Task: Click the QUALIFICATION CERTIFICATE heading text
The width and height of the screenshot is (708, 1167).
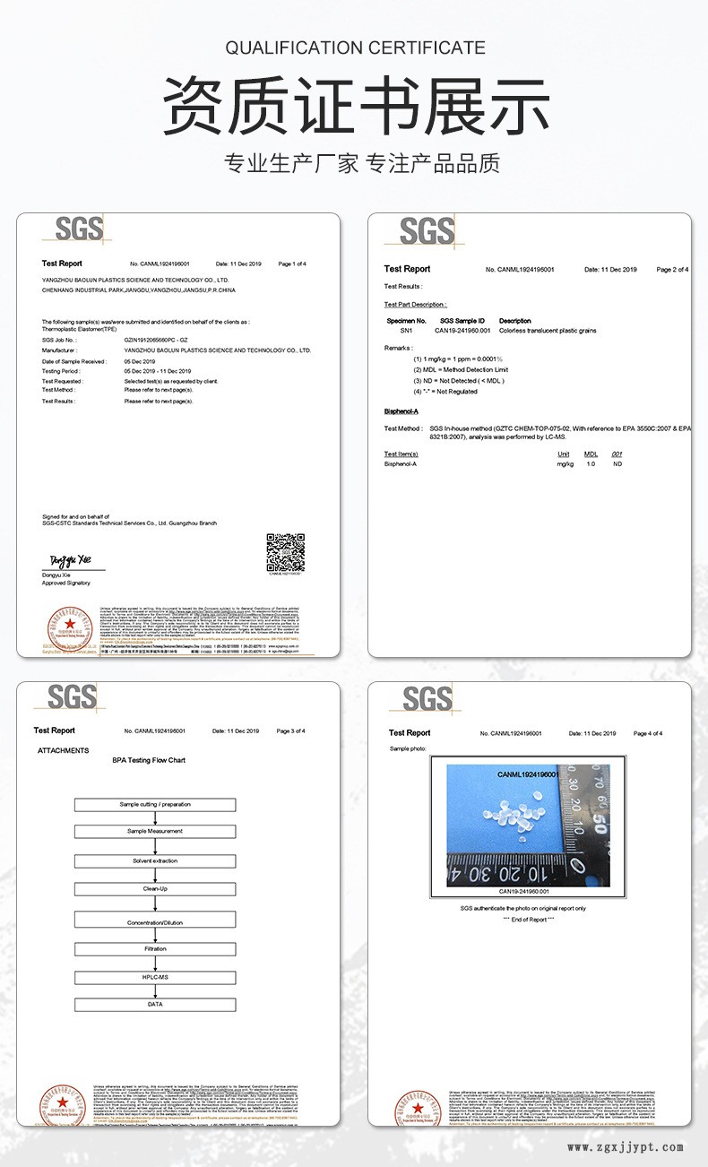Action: click(355, 48)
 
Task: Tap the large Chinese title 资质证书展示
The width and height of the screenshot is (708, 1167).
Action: click(356, 107)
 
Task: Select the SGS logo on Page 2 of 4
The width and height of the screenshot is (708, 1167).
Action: click(426, 231)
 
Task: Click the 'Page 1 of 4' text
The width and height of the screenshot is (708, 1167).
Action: click(292, 264)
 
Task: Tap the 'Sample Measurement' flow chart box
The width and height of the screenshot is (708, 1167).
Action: click(155, 832)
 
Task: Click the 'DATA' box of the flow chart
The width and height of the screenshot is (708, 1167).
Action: click(155, 1005)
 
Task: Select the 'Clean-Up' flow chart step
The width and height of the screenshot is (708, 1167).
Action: click(155, 889)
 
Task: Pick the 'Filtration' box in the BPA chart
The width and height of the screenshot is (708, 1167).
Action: click(155, 947)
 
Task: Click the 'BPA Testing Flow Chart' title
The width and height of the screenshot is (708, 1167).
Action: click(149, 760)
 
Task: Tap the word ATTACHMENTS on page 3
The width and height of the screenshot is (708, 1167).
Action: click(63, 750)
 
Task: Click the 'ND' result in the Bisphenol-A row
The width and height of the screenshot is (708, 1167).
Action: click(617, 464)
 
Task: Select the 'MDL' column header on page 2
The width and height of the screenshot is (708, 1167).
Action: click(591, 454)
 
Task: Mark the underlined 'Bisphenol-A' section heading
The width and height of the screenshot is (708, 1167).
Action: click(401, 411)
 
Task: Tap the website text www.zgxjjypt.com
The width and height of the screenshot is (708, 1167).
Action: click(626, 1147)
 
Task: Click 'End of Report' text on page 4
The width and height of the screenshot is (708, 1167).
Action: click(528, 919)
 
